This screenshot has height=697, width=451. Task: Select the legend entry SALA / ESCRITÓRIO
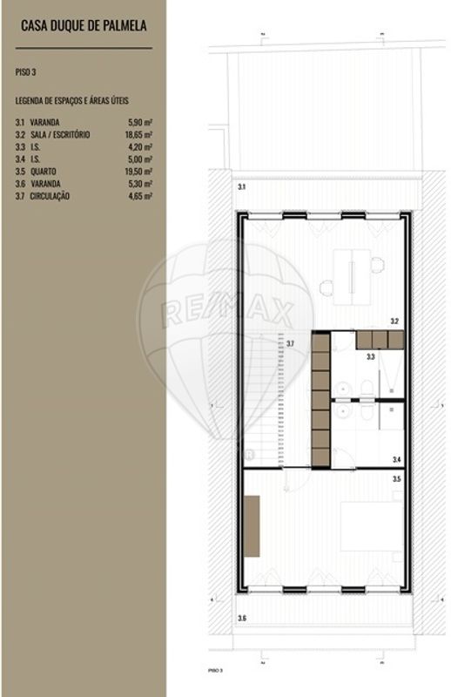pos(60,135)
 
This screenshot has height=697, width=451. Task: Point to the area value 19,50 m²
pos(139,172)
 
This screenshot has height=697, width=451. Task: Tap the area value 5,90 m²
pos(139,123)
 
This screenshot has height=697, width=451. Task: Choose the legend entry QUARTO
pos(45,172)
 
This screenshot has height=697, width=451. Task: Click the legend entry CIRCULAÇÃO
pos(51,196)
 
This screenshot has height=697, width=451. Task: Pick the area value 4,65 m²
pos(139,196)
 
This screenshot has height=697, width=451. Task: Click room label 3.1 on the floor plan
pos(241,187)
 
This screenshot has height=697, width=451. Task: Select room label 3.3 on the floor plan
pos(370,356)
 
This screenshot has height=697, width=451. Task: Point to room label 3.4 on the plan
pos(396,459)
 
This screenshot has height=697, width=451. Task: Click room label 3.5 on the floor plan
pos(396,478)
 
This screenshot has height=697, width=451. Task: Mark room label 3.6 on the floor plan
pos(241,618)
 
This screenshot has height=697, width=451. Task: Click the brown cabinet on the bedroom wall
pos(252,524)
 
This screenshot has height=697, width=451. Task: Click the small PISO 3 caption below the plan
pos(215,671)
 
